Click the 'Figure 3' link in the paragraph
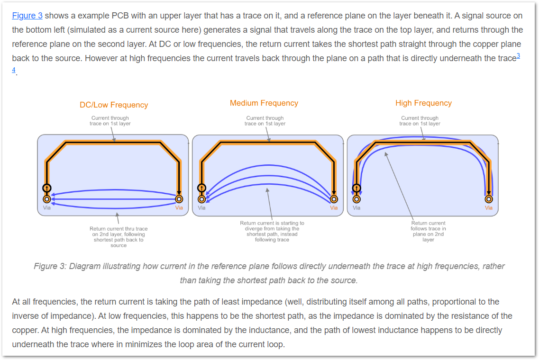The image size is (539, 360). [27, 16]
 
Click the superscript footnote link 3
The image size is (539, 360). [518, 55]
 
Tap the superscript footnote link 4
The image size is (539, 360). [14, 70]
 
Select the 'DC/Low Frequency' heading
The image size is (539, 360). [114, 105]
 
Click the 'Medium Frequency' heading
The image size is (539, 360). [264, 103]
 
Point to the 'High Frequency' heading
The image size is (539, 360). [423, 103]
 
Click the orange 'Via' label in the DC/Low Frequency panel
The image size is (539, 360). [179, 208]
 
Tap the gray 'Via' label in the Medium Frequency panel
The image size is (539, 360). [202, 208]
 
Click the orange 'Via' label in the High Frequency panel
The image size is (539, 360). [489, 208]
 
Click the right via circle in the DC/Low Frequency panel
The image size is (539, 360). [179, 199]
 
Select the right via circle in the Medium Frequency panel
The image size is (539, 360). [334, 199]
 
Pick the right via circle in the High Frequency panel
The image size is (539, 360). [489, 199]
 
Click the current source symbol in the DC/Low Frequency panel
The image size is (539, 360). [47, 188]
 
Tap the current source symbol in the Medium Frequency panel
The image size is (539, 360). [202, 188]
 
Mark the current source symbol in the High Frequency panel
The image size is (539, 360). [356, 188]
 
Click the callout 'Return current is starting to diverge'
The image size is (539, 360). [272, 231]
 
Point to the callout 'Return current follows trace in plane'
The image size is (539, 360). [429, 231]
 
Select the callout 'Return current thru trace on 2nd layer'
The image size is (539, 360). [119, 237]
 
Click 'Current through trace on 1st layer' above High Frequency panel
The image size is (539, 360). [420, 121]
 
